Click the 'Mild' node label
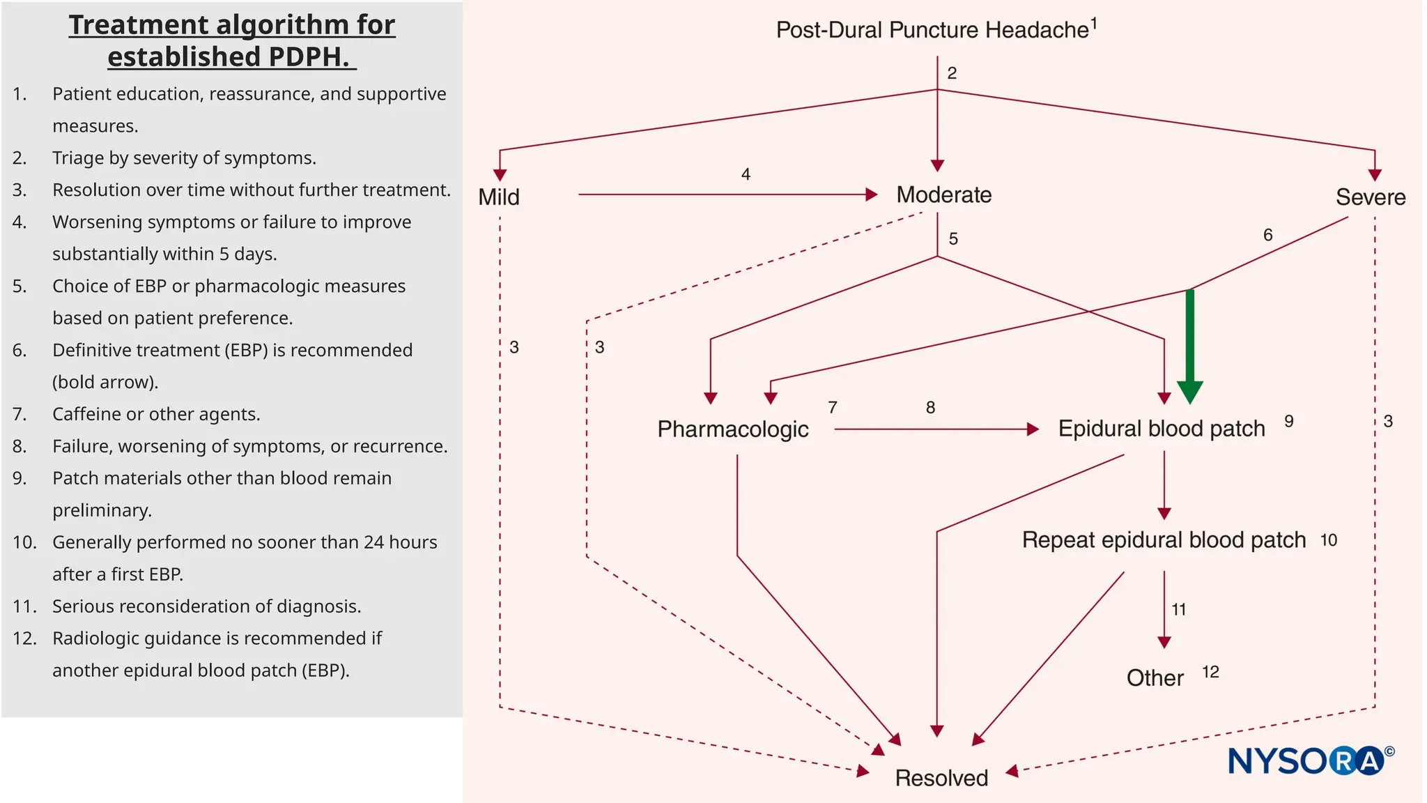point(499,197)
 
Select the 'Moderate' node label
point(943,195)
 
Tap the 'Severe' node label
point(1370,197)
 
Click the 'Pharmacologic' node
point(732,429)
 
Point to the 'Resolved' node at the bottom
point(941,778)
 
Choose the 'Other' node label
point(1155,678)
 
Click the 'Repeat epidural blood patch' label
point(1164,540)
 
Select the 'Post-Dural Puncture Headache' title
point(932,30)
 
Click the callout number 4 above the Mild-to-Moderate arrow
point(746,174)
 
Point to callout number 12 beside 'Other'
point(1210,672)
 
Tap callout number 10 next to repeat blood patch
point(1329,540)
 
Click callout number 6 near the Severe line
point(1268,236)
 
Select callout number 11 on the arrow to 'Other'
point(1179,610)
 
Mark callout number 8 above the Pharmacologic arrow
point(930,408)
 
